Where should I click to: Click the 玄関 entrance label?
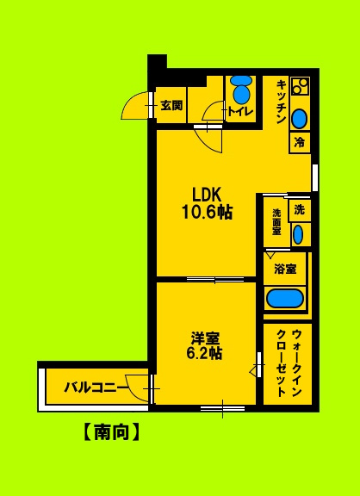[171, 106]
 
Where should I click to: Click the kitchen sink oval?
[300, 118]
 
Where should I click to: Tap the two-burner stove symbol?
[300, 87]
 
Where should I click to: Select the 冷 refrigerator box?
[300, 141]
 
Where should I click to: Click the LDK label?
[207, 193]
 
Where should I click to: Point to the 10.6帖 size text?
[207, 213]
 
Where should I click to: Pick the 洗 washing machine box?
[298, 209]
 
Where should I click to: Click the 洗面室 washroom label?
[276, 221]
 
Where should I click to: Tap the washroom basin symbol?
[298, 233]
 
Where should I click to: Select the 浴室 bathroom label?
[285, 269]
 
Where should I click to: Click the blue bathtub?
[285, 299]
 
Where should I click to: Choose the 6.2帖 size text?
[205, 353]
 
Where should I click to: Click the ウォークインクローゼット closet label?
[287, 362]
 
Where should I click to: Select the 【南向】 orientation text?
[112, 431]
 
